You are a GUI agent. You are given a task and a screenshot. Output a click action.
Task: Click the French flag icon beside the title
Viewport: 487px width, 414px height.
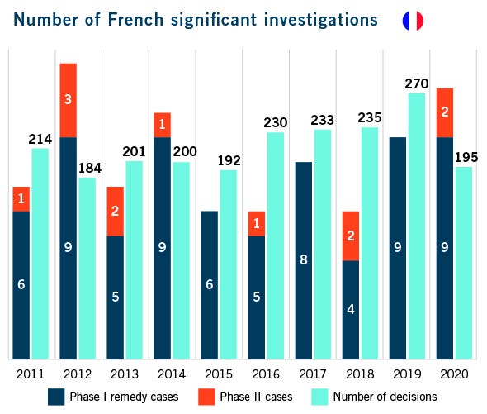pyautogui.click(x=413, y=20)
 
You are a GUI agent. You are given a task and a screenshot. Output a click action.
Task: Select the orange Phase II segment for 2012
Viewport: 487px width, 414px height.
pyautogui.click(x=69, y=100)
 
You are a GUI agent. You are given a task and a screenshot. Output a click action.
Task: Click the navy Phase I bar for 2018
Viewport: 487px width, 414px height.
pyautogui.click(x=351, y=310)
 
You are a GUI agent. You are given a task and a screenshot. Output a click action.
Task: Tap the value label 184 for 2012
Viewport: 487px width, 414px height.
pyautogui.click(x=89, y=169)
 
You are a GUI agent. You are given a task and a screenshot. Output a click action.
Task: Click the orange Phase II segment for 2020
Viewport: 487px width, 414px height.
pyautogui.click(x=445, y=112)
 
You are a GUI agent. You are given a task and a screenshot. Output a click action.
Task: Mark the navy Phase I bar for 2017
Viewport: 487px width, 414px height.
pyautogui.click(x=304, y=260)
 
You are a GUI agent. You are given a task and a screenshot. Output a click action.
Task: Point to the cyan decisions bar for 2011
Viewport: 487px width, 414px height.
pyautogui.click(x=40, y=254)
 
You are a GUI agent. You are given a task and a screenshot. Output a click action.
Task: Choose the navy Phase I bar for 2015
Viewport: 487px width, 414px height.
pyautogui.click(x=210, y=285)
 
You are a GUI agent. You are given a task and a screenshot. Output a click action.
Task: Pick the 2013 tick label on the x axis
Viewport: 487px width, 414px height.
pyautogui.click(x=125, y=374)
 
